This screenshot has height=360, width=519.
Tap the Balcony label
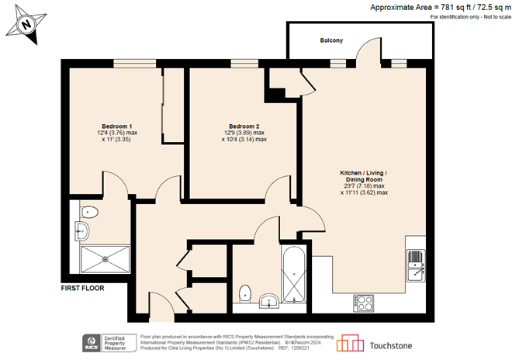331,40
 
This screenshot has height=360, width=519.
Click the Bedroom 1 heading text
116,126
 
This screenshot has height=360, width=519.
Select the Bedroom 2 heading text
244,126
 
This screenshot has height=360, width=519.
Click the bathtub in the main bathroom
295,276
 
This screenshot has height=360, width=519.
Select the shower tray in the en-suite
105,260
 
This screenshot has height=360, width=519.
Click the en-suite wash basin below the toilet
84,230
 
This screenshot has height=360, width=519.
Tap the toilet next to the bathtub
246,292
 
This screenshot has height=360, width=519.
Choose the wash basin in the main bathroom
269,300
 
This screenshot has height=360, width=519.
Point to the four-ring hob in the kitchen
364,301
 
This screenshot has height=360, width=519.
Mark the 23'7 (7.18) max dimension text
363,185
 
